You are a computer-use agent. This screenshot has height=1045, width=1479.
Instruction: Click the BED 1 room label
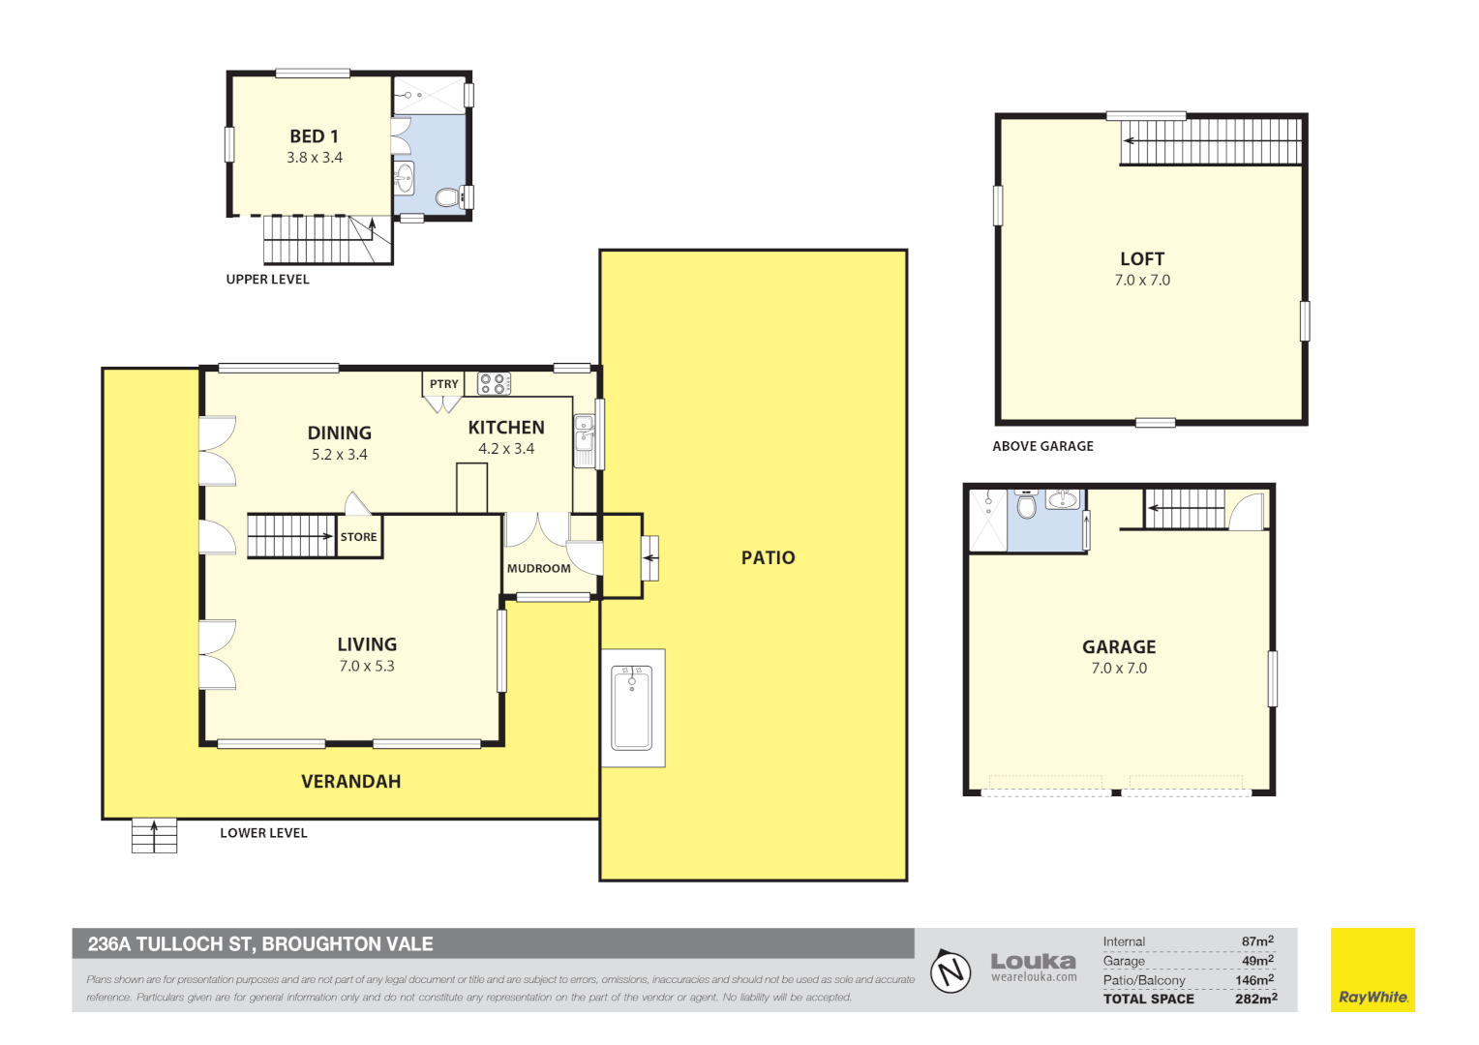314,137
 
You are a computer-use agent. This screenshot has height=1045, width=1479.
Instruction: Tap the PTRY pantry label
443,384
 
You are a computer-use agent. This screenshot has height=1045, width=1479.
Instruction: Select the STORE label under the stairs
358,537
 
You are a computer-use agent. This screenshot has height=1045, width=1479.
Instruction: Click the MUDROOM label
538,569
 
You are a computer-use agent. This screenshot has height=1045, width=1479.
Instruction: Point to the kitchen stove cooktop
494,384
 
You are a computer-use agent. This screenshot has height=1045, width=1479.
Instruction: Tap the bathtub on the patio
632,707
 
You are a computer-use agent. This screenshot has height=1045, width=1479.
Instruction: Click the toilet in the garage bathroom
1027,506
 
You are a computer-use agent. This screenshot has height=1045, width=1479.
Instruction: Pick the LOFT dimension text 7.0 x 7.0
1142,281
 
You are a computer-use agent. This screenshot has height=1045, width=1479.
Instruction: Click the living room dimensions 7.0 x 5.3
367,667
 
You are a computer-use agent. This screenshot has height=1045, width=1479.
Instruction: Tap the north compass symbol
951,970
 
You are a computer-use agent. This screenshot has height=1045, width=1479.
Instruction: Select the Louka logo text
1033,962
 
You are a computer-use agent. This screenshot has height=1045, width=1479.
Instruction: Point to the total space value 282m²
1255,999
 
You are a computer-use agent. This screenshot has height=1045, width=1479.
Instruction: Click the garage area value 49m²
1257,961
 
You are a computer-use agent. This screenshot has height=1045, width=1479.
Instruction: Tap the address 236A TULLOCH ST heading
260,944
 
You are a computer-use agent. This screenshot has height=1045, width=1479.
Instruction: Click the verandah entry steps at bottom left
154,835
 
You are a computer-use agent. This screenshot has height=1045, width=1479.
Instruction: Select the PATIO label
768,558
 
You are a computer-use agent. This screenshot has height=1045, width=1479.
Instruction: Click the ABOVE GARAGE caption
1042,446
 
